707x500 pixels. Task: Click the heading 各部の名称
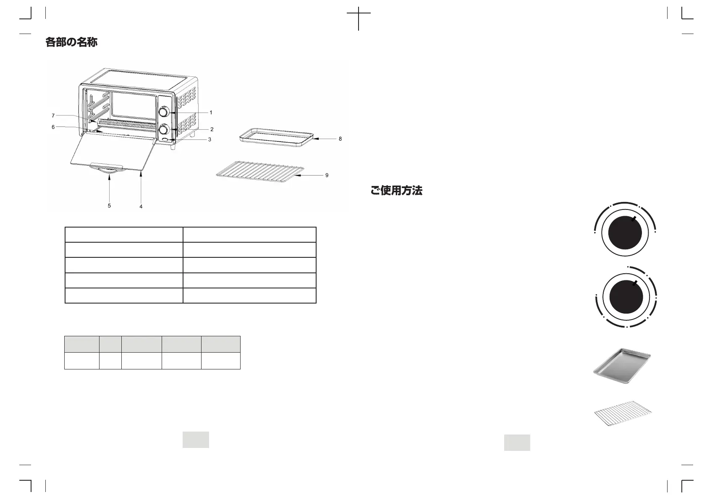click(x=71, y=42)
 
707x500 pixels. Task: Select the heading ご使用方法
click(x=396, y=191)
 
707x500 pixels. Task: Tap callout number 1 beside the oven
click(x=211, y=113)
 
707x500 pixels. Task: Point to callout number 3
click(x=209, y=139)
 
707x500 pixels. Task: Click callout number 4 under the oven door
click(x=141, y=207)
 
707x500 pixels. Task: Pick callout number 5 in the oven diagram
click(x=109, y=206)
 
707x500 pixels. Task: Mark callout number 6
click(x=53, y=127)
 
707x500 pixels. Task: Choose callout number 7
click(x=53, y=115)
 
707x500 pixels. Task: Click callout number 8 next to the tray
click(x=340, y=139)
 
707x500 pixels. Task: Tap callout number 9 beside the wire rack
click(x=327, y=175)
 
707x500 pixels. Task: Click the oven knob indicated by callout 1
click(x=164, y=112)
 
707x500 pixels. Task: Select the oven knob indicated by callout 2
click(x=164, y=128)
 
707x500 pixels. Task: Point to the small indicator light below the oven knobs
click(x=165, y=140)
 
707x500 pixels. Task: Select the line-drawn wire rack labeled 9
click(x=259, y=173)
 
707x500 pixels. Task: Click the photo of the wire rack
click(x=624, y=414)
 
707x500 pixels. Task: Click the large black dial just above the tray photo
click(x=626, y=297)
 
